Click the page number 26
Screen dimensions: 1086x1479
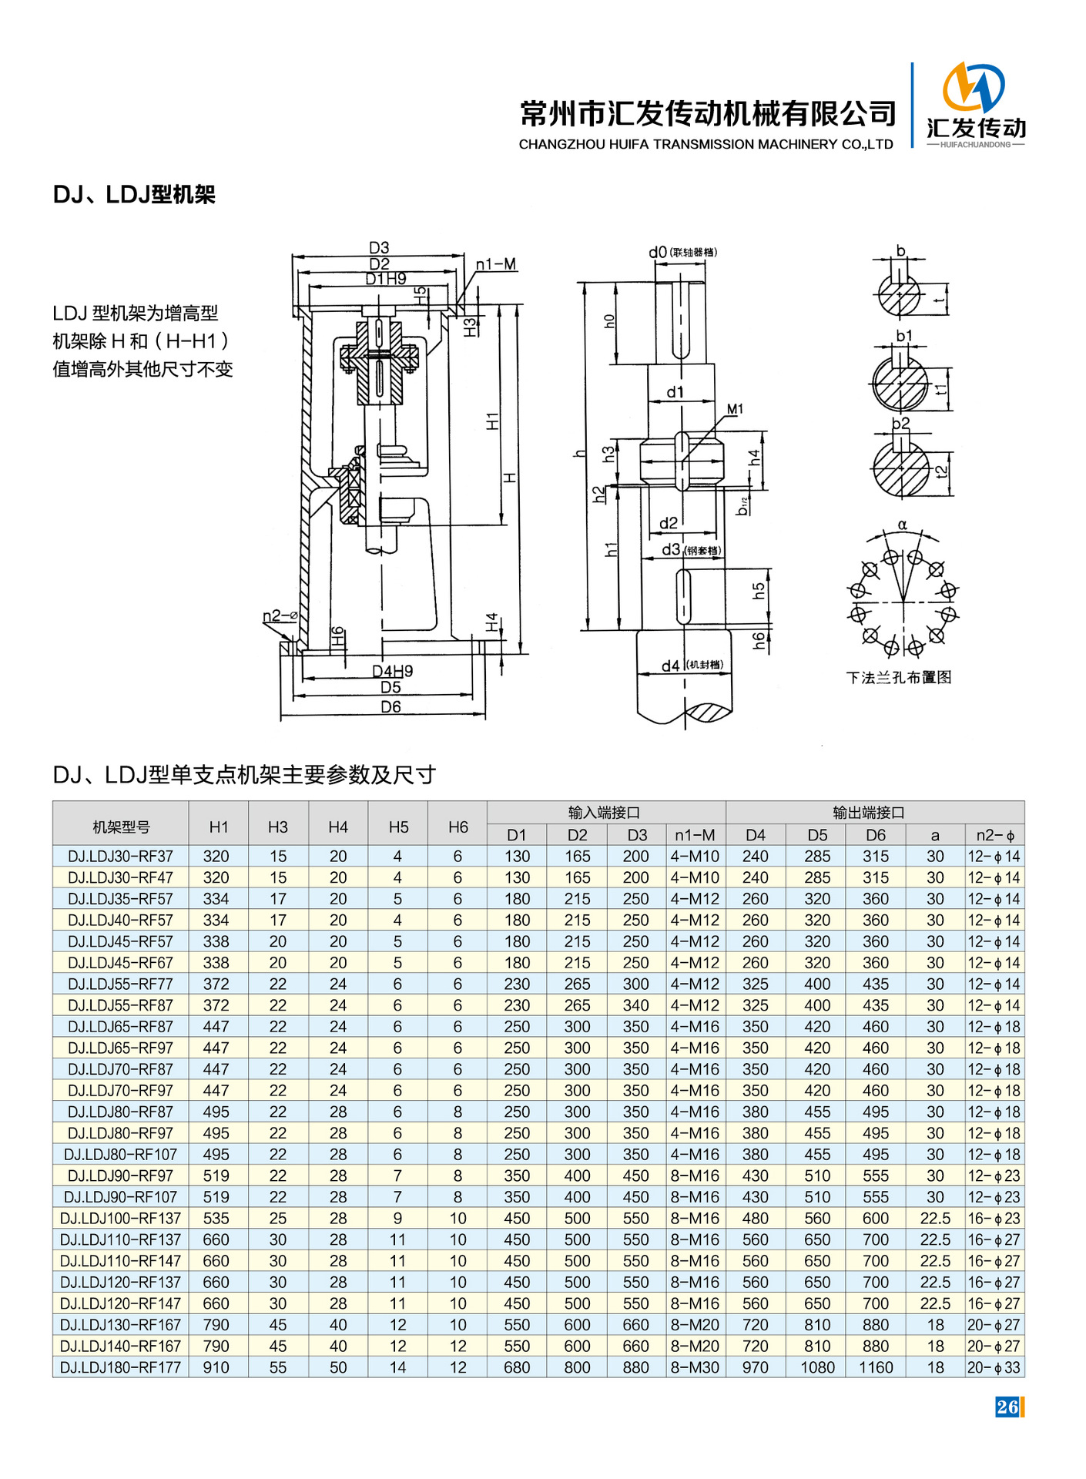tap(1007, 1407)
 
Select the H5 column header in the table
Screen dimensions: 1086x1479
tap(398, 827)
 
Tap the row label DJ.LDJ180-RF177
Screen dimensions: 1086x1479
tap(120, 1367)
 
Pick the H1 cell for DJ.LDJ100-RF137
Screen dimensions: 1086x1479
tap(216, 1218)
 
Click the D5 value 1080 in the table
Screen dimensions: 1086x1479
tap(817, 1367)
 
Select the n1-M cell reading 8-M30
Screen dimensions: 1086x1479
tap(695, 1367)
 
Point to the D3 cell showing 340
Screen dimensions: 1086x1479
tap(636, 1005)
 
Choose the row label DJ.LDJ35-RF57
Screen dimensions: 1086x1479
tap(120, 899)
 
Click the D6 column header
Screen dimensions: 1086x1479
tap(876, 835)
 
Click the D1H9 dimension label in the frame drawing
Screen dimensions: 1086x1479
tap(386, 279)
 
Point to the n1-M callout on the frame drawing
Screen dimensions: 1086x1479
tap(496, 265)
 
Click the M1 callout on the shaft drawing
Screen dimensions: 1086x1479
tap(735, 409)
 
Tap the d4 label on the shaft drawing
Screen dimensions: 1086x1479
tap(671, 666)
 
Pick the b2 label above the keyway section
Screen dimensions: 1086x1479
tap(900, 423)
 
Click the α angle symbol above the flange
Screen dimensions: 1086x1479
tap(903, 525)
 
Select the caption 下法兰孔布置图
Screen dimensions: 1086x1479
tap(899, 677)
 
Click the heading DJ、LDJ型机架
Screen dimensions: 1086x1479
tap(134, 194)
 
